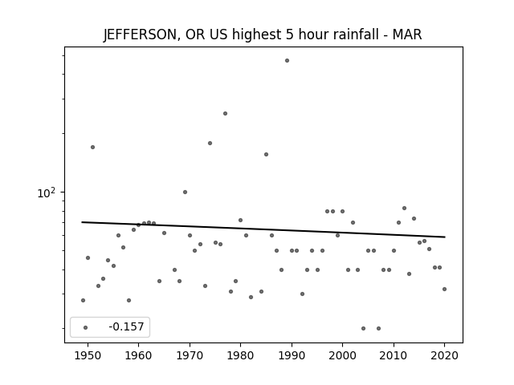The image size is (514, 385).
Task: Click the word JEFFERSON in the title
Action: click(141, 34)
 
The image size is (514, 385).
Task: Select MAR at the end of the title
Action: click(407, 34)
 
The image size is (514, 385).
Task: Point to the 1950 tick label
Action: click(88, 355)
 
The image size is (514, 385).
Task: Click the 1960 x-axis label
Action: click(138, 355)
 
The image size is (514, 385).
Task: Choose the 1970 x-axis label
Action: click(190, 355)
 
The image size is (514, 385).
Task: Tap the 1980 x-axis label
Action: click(240, 355)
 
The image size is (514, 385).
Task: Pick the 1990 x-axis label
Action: click(292, 355)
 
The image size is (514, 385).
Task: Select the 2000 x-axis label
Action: click(342, 355)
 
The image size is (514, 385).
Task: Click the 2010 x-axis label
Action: click(394, 355)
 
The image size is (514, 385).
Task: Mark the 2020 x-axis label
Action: click(444, 355)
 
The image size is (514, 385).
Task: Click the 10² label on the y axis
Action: click(47, 192)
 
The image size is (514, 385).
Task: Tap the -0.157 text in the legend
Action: click(126, 326)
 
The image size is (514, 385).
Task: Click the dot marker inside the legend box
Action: click(86, 327)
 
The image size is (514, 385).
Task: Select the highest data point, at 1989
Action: click(287, 61)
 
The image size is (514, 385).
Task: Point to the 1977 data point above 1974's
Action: click(225, 114)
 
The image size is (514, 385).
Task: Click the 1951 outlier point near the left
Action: click(93, 148)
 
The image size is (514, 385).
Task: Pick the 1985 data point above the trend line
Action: click(266, 155)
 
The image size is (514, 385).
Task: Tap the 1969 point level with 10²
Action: click(185, 192)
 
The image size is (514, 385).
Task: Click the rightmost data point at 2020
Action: click(444, 289)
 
